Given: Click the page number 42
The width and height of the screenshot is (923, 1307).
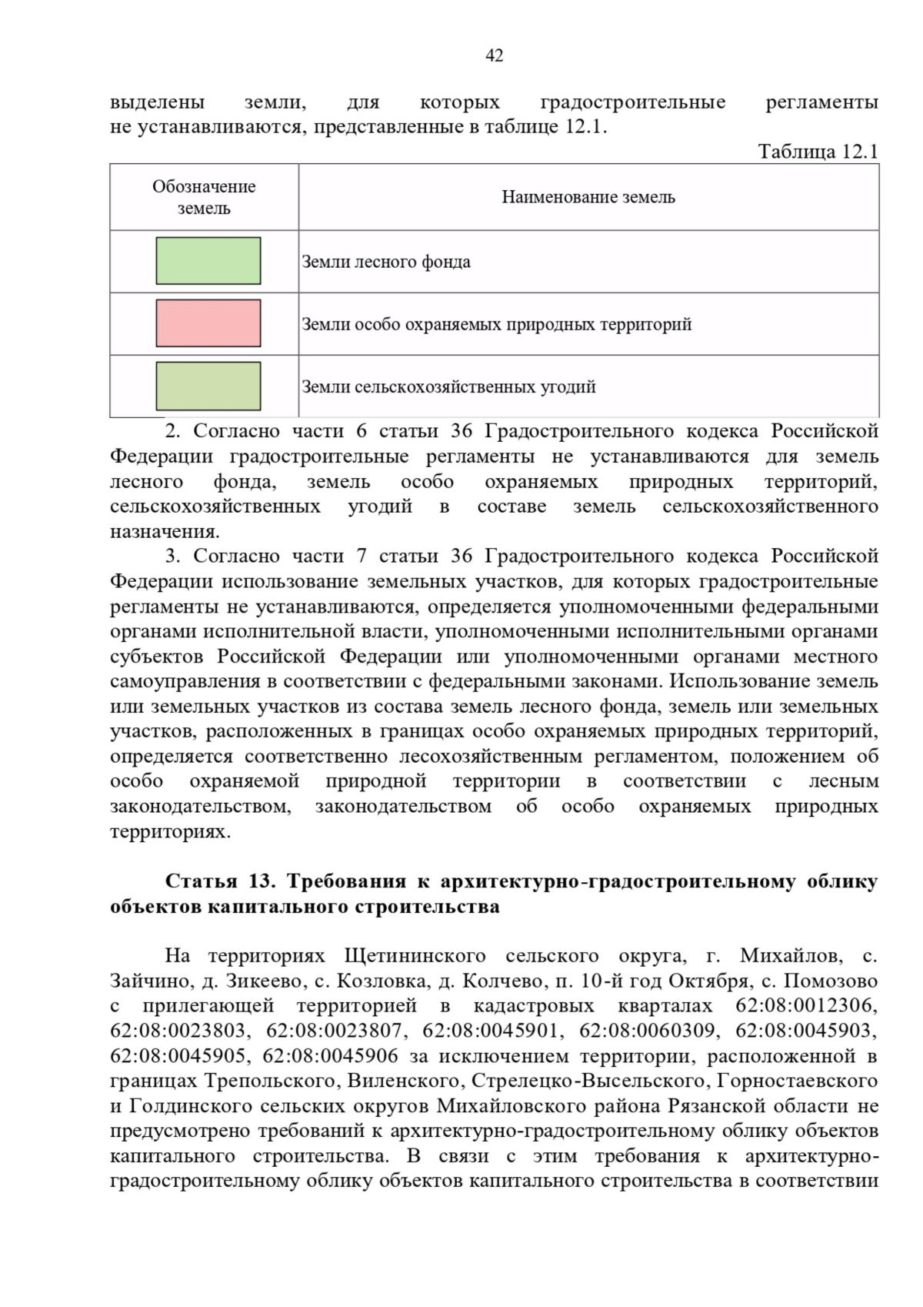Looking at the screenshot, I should click(495, 55).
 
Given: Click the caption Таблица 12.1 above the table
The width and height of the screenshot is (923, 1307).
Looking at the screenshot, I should click(818, 151).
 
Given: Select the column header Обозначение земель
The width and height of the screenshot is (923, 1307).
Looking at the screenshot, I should click(204, 197).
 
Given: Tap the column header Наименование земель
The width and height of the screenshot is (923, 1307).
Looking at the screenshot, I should click(588, 197).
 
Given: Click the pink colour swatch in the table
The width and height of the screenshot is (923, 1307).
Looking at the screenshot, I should click(208, 323).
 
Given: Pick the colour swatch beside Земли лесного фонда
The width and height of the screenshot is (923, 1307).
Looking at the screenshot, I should click(208, 261).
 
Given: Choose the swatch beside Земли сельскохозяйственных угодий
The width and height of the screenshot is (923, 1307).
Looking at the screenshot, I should click(208, 386).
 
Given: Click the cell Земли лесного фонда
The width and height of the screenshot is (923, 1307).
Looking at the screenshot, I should click(386, 262).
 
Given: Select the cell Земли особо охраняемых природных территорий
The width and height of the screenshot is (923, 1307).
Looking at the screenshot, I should click(497, 324).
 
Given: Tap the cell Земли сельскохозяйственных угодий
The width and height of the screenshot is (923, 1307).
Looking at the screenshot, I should click(448, 386).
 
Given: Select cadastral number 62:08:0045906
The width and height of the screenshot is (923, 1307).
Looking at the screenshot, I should click(331, 1056).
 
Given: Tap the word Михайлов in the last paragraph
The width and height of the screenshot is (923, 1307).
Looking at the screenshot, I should click(790, 956).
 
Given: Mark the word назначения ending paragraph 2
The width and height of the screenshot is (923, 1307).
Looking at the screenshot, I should click(164, 531).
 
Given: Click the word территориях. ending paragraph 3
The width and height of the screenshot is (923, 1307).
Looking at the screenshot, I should click(170, 832).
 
